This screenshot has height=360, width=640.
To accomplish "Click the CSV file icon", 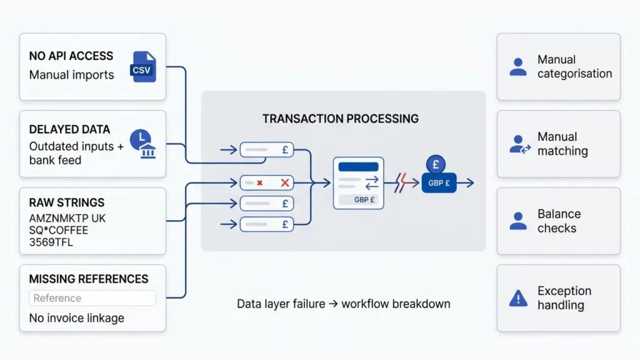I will (142, 67).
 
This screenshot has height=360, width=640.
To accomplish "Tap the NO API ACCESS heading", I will (71, 56).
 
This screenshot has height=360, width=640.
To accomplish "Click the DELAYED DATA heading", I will (69, 129).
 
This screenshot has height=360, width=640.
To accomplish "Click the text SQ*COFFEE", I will (59, 231).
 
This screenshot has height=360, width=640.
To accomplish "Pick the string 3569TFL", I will (51, 242).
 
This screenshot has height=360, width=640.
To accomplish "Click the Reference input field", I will (92, 298).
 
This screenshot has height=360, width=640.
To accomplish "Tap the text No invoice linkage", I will (76, 318).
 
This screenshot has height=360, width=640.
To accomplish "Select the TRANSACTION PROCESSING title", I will (341, 119).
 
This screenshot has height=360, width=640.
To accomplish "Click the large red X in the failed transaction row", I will (285, 182).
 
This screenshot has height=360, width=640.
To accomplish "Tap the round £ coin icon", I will (436, 164).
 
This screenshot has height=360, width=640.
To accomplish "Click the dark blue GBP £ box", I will (439, 183).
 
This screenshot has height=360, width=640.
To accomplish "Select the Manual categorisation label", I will (574, 67).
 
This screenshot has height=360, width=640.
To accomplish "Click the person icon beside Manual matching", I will (519, 144).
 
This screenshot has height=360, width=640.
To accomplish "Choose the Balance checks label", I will (559, 221).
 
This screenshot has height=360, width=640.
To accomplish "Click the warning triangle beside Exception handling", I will (518, 299).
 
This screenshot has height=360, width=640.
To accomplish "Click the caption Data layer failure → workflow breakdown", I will (343, 304).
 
